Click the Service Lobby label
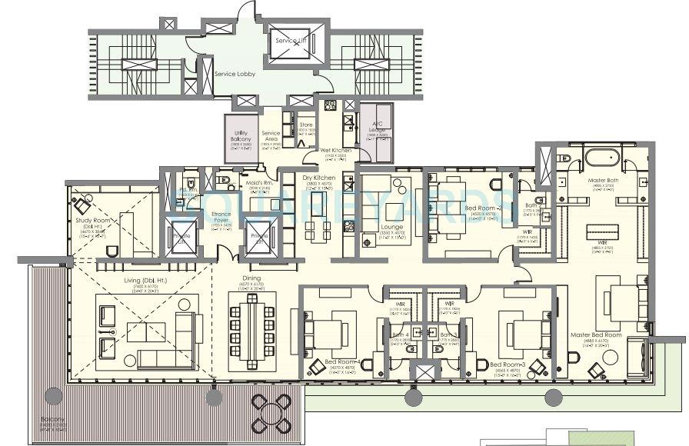click(x=235, y=74)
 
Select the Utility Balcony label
click(x=241, y=136)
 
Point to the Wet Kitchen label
click(x=336, y=150)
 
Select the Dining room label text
click(x=251, y=278)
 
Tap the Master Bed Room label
click(x=596, y=335)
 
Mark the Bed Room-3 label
click(x=506, y=364)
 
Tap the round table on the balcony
click(x=272, y=412)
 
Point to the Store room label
click(x=306, y=125)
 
